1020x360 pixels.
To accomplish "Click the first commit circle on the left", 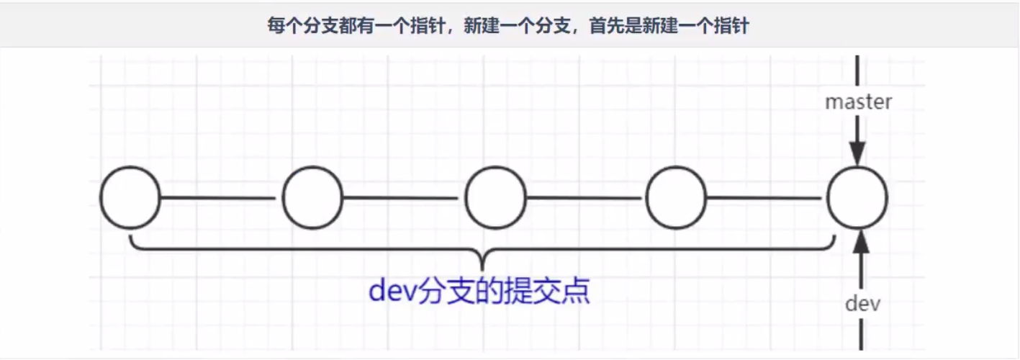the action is coord(130,167).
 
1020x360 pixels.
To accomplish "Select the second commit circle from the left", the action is coord(312,167).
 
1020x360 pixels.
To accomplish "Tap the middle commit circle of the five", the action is coord(495,167).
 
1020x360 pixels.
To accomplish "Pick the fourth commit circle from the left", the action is coord(676,167).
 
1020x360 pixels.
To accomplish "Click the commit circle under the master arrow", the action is coord(857,167).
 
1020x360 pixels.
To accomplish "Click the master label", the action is coord(858,102).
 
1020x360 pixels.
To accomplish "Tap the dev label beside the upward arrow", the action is coord(862,304).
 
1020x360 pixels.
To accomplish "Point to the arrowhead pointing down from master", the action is coord(857,153).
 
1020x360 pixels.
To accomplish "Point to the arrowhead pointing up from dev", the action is coord(861,241).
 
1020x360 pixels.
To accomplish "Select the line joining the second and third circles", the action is coord(401,198).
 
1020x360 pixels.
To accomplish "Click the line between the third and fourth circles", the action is coord(585,198).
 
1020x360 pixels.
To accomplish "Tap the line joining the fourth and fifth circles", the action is coord(764,198).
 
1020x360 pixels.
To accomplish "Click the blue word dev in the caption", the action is coord(392,291).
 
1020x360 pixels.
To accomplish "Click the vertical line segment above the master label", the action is coord(857,71).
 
